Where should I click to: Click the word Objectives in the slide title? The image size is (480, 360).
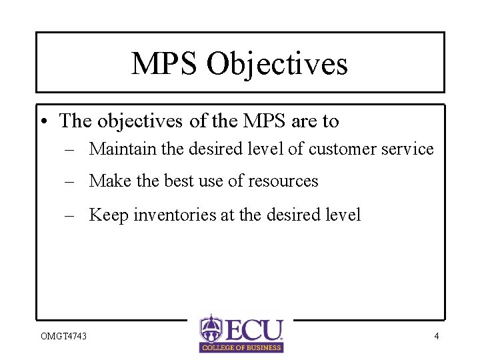coord(277,65)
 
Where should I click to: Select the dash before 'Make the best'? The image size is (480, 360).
coord(69,181)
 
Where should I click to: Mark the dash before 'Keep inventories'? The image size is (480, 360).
coord(69,215)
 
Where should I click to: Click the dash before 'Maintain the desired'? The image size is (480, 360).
coord(69,149)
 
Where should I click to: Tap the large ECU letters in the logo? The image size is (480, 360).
coord(253,329)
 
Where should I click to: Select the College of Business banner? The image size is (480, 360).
coord(241,347)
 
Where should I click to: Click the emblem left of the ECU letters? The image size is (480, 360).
coord(210,327)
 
